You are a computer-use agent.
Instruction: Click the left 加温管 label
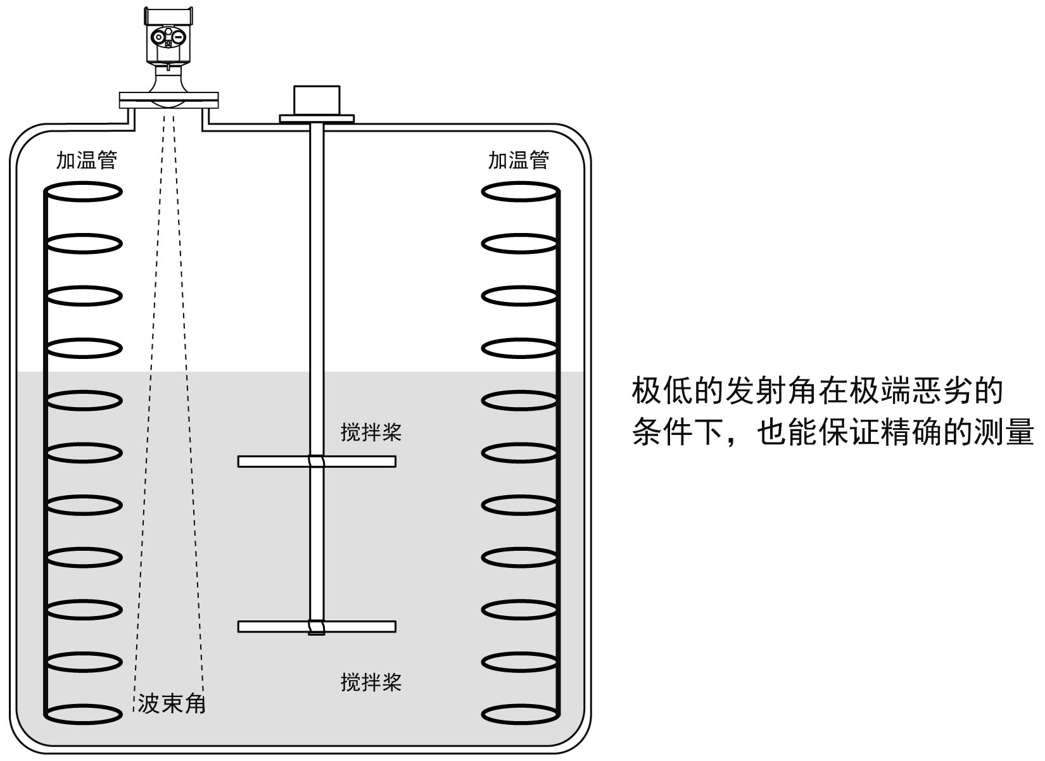tap(87, 160)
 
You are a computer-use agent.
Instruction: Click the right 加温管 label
tap(518, 160)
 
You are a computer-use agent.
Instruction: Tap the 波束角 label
tap(172, 703)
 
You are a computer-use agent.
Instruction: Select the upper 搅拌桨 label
tap(371, 433)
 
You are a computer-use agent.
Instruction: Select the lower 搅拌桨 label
tap(371, 682)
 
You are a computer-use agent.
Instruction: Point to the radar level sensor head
tap(168, 35)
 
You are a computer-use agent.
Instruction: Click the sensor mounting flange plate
tap(168, 99)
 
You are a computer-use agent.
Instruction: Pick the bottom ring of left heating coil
tap(83, 714)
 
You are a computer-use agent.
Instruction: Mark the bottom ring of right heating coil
tap(520, 714)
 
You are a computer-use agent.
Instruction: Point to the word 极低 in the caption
tap(663, 392)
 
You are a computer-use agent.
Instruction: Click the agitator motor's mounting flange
tap(317, 118)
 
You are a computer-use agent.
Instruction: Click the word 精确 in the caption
tap(910, 434)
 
